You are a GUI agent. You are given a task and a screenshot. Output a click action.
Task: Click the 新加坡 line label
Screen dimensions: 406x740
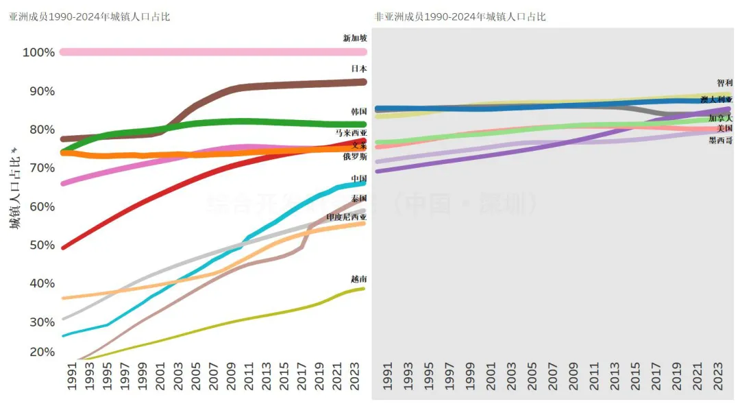tap(355, 38)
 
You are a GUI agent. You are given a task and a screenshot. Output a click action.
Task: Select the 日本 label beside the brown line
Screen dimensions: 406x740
tap(358, 69)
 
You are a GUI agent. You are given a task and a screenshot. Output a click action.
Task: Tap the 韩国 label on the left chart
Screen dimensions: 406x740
tap(358, 111)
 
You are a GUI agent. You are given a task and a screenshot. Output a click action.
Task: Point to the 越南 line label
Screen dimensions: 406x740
tap(358, 279)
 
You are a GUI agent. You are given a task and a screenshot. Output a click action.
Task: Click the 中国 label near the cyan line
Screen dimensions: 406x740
tap(358, 178)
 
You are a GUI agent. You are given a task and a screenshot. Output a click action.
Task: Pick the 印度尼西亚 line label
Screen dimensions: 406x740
tap(346, 217)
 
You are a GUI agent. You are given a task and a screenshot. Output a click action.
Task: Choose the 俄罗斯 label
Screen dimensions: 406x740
tap(355, 157)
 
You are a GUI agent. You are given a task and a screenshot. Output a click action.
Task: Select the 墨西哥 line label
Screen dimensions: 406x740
tap(720, 141)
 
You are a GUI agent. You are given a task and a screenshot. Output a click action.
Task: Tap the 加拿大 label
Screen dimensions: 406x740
tap(720, 119)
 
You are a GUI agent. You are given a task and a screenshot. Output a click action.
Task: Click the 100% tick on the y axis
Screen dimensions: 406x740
tap(38, 53)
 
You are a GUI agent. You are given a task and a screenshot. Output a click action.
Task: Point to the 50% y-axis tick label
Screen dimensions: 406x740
tap(41, 246)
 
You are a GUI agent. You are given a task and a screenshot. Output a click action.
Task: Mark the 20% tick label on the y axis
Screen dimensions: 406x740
tap(41, 353)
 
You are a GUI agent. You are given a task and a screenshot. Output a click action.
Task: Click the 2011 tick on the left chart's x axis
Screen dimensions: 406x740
tap(249, 378)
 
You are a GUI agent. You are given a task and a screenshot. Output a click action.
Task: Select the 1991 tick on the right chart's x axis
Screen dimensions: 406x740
tap(388, 378)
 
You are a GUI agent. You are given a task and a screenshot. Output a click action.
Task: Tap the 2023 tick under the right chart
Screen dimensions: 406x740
tap(718, 378)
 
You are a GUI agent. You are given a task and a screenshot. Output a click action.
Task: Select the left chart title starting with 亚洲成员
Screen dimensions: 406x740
tap(89, 16)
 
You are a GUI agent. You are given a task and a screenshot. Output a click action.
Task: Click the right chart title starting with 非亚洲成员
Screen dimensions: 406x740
tap(460, 16)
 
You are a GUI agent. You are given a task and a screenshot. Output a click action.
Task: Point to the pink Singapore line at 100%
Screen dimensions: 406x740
tap(206, 52)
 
